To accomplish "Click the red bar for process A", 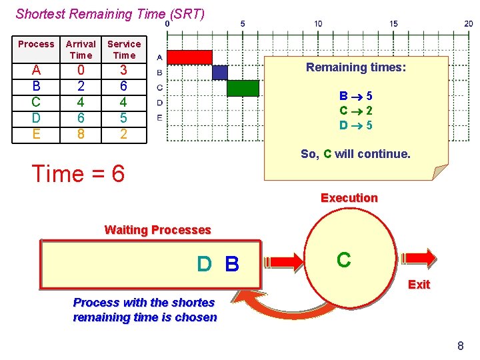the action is click(189, 57).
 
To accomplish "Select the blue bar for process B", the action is click(219, 73).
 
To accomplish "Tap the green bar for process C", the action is click(242, 88).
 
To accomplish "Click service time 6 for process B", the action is click(124, 86).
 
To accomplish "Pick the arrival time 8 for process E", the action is click(81, 134).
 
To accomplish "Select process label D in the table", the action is click(36, 118).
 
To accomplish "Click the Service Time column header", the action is click(124, 49).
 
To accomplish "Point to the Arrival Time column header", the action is click(81, 49).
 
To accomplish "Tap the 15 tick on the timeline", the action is click(394, 24).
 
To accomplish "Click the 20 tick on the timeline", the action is click(469, 24).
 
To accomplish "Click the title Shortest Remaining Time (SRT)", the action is click(110, 13).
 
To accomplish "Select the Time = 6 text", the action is click(79, 174).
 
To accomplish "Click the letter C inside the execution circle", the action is click(343, 260).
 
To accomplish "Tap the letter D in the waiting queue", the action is click(204, 265).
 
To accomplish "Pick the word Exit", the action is click(419, 285).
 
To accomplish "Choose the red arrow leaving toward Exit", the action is click(419, 259).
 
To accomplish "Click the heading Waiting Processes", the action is click(157, 230).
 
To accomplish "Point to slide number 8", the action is click(460, 345).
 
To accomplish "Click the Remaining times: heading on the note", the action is click(355, 67).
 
